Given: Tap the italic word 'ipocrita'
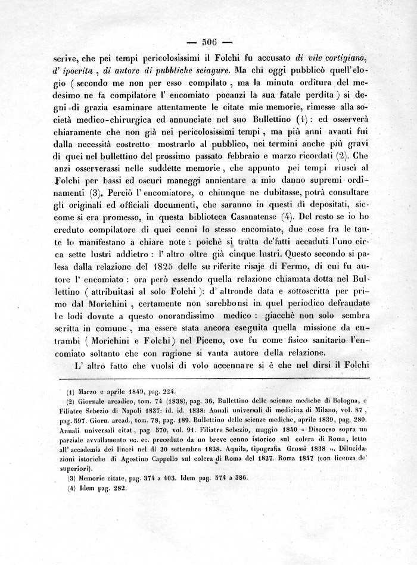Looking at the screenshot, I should [79, 71].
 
